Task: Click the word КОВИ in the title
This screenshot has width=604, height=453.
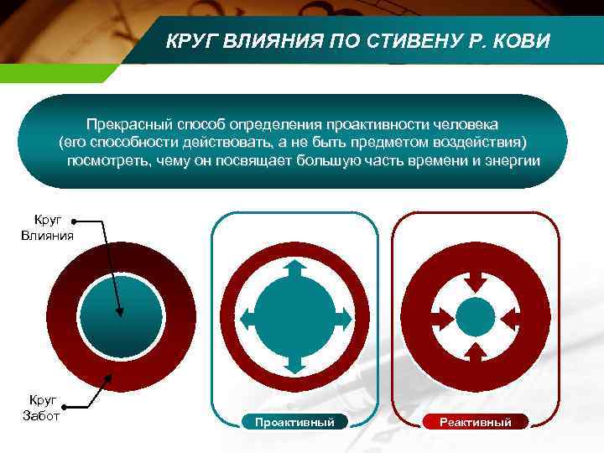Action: click(521, 41)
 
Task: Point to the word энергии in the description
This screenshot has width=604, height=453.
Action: click(511, 160)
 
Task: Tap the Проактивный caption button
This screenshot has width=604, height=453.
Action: click(294, 422)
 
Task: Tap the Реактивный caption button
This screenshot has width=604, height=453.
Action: click(476, 422)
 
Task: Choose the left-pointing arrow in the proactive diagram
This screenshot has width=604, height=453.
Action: click(248, 316)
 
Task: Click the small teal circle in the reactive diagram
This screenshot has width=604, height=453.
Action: click(475, 316)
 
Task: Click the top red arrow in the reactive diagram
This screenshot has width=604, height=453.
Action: click(475, 281)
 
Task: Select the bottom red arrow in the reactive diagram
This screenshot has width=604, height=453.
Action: click(475, 351)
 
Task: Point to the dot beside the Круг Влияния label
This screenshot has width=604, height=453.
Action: click(74, 221)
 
